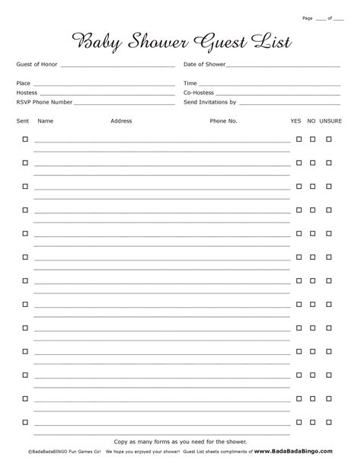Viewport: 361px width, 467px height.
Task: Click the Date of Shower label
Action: click(x=204, y=65)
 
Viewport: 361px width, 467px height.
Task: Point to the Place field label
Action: click(x=24, y=83)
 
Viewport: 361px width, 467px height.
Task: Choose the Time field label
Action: click(x=190, y=83)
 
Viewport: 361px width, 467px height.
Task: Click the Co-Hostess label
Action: click(x=200, y=92)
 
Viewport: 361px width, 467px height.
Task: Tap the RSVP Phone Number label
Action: click(x=44, y=101)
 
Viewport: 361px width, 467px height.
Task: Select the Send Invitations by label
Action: click(x=210, y=101)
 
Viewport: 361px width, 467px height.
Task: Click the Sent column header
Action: click(x=23, y=121)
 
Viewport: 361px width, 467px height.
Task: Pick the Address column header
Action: click(x=121, y=121)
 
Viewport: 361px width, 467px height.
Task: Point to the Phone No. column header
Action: click(x=224, y=121)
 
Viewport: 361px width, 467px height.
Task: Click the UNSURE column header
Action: click(x=331, y=121)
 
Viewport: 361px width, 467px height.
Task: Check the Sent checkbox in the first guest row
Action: click(x=25, y=139)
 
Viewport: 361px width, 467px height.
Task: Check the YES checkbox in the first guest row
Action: click(x=299, y=139)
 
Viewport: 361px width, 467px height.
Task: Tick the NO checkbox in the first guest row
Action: click(x=312, y=139)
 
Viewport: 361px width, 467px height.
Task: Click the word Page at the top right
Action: click(x=308, y=16)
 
